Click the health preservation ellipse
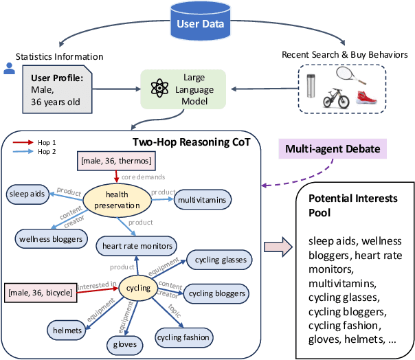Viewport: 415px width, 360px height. (x=117, y=199)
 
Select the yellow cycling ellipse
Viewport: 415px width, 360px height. (x=138, y=287)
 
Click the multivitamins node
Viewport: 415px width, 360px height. (x=201, y=200)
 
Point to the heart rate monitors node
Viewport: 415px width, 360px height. (x=137, y=245)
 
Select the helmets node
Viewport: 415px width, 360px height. (x=65, y=330)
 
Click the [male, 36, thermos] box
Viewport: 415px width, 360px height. (x=114, y=161)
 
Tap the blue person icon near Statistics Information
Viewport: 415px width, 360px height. (x=9, y=68)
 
